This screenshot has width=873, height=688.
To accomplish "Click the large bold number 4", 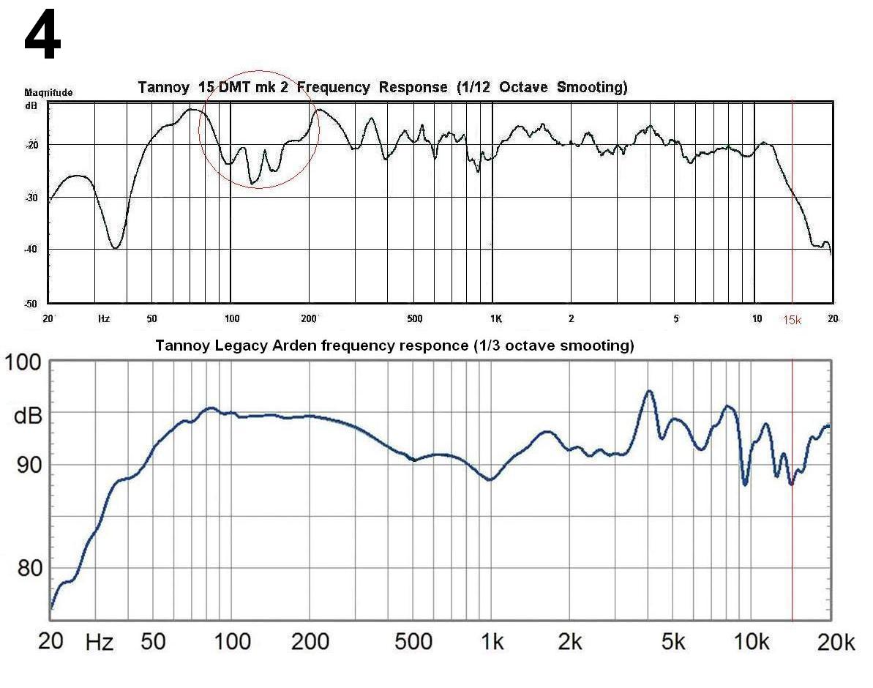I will (42, 39).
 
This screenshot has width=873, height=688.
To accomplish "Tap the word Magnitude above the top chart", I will (48, 93).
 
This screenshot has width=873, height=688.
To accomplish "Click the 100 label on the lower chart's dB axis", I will (24, 363).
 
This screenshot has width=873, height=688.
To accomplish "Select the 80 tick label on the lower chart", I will (29, 568).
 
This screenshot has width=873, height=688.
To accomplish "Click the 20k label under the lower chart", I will (836, 643).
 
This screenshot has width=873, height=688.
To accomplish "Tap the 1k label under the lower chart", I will (492, 643).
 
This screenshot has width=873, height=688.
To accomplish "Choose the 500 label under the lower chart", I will (413, 643).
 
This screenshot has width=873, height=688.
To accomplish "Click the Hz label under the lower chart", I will (100, 643).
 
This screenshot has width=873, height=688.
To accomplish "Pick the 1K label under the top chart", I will (495, 318).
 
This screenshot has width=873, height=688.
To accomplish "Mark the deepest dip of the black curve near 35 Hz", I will (115, 247).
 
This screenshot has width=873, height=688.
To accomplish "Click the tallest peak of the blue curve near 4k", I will (648, 391).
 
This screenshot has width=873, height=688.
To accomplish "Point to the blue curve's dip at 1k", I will (490, 479).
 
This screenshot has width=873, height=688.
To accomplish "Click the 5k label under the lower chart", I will (672, 643).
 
